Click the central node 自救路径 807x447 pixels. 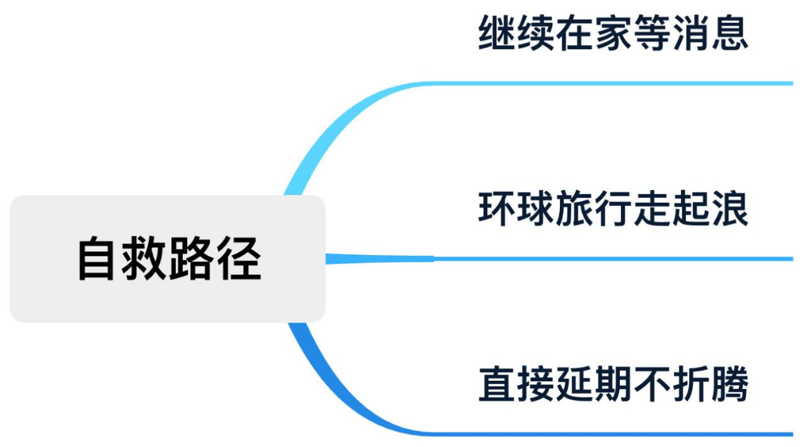point(168,258)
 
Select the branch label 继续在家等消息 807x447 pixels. point(613,34)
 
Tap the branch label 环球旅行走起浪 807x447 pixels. point(613,209)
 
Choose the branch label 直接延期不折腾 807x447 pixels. point(613,384)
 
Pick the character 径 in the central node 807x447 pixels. point(238,259)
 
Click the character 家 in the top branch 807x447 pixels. point(613,34)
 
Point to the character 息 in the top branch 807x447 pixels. point(729,34)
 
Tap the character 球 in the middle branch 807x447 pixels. point(536,209)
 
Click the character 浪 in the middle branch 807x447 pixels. point(729,209)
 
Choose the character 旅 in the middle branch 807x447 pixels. point(575,209)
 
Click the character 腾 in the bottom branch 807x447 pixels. point(729,384)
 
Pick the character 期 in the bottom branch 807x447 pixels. point(613,384)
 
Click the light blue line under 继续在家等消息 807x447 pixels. point(611,84)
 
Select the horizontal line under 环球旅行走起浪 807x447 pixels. point(611,259)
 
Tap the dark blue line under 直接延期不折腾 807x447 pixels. point(611,434)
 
